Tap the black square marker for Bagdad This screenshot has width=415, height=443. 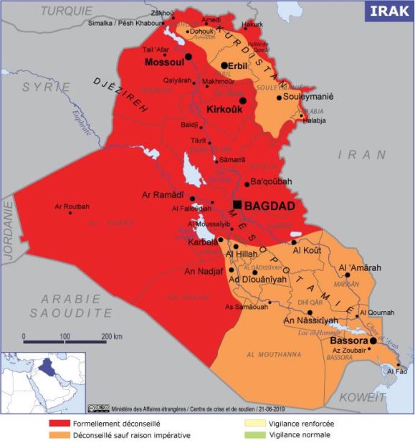pos(237,205)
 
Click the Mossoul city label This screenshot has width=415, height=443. pos(166,62)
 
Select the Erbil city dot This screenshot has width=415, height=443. pos(224,65)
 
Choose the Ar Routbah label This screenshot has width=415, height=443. pos(72,206)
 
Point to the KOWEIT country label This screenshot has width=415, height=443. pos(363,396)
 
